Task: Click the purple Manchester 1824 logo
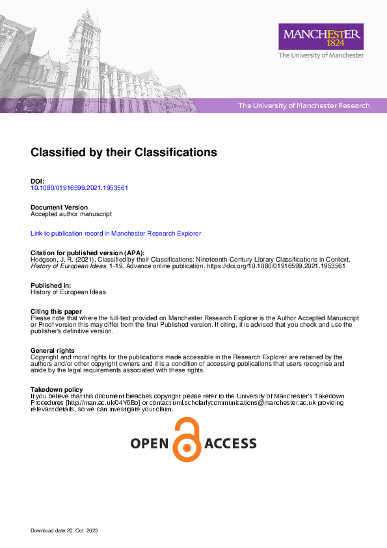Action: pyautogui.click(x=321, y=36)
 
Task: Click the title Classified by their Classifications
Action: pyautogui.click(x=124, y=152)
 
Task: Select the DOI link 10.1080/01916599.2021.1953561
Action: pyautogui.click(x=79, y=188)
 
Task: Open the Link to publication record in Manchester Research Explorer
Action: pyautogui.click(x=116, y=233)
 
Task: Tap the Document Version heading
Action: pyautogui.click(x=59, y=207)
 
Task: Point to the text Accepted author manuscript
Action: pyautogui.click(x=72, y=213)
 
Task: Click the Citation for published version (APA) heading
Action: pyautogui.click(x=88, y=253)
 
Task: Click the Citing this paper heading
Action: pyautogui.click(x=56, y=312)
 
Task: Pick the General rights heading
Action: pyautogui.click(x=53, y=351)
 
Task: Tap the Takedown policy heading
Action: pyautogui.click(x=57, y=389)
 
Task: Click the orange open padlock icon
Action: pyautogui.click(x=187, y=441)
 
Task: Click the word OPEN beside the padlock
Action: pyautogui.click(x=150, y=444)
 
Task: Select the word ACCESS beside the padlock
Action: pyautogui.click(x=230, y=444)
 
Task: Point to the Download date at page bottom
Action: pyautogui.click(x=64, y=531)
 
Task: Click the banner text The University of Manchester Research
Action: pyautogui.click(x=304, y=105)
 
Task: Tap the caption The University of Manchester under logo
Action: pyautogui.click(x=321, y=56)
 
